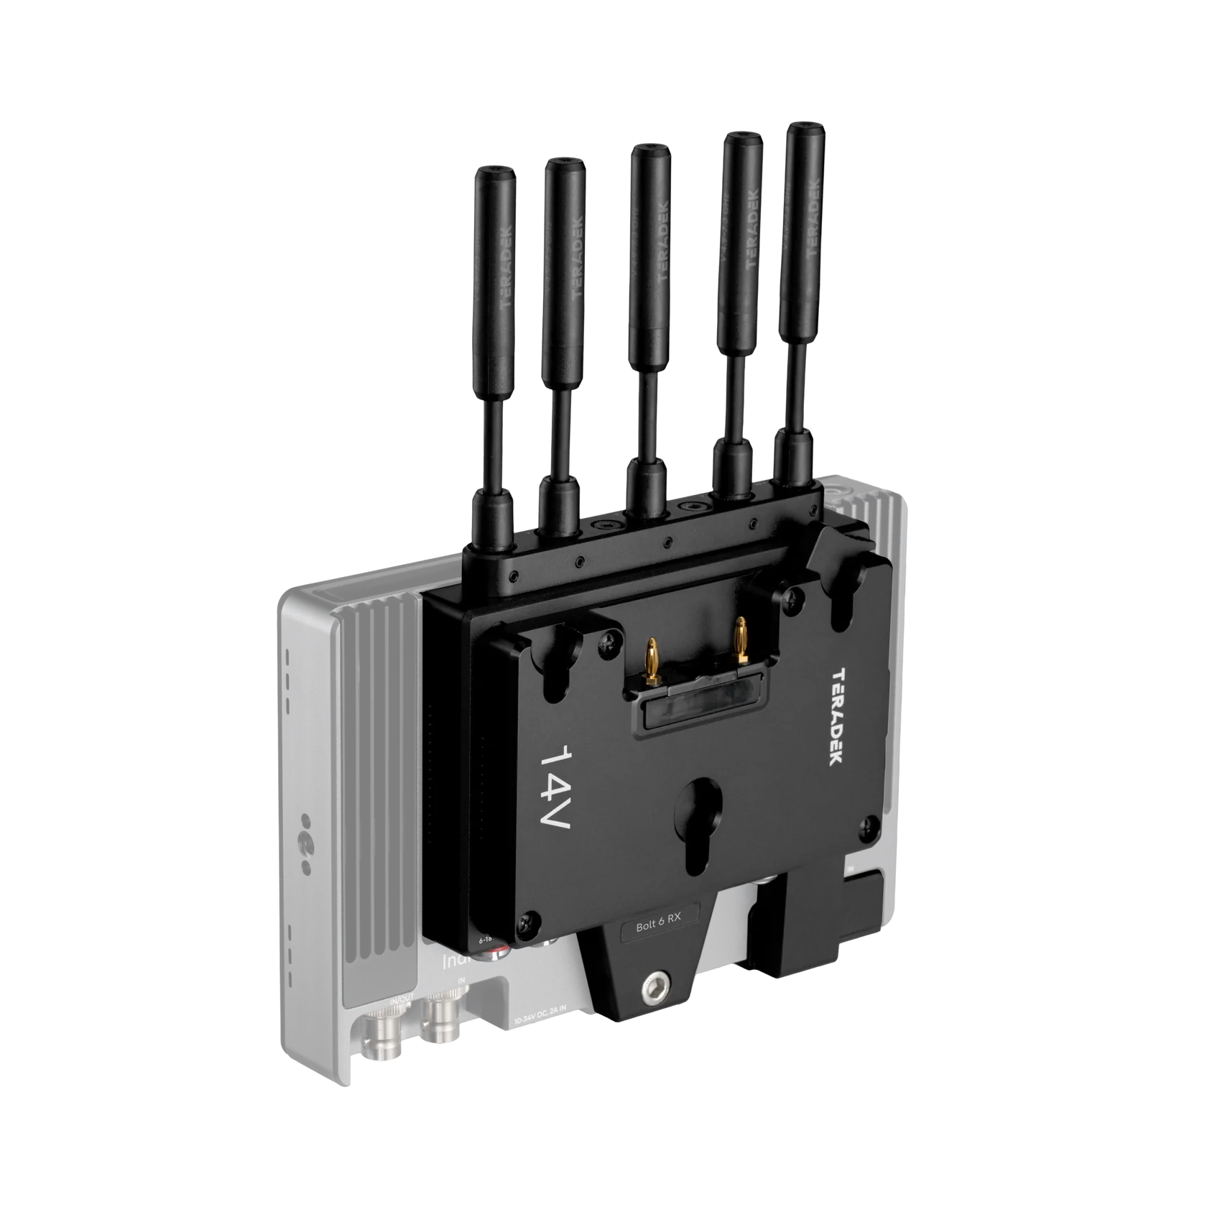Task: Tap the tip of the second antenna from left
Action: [x=563, y=166]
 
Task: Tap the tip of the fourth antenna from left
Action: [x=743, y=139]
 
